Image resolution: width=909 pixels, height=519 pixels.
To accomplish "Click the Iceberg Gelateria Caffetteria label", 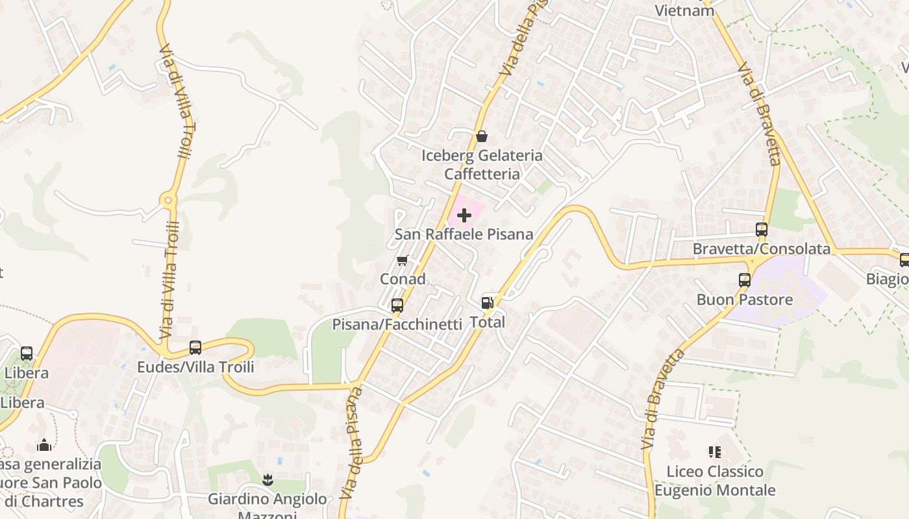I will click(482, 165).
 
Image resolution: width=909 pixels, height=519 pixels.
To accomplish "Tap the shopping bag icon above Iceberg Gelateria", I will click(482, 136).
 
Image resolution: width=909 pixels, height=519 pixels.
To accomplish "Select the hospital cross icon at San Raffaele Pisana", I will click(464, 215).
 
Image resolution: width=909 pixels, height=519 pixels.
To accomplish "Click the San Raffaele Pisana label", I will click(464, 234).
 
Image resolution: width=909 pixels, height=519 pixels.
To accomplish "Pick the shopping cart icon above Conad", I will click(402, 261).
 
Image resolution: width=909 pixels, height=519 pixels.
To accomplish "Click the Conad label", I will click(403, 279).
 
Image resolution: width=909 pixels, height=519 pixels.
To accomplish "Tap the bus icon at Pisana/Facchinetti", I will click(397, 305).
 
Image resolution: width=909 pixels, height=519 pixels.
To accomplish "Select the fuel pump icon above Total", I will click(487, 302).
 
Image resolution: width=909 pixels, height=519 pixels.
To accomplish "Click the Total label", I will click(487, 322).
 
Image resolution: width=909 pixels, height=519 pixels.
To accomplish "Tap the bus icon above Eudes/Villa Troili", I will click(195, 347).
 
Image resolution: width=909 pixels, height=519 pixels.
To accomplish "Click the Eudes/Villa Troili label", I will click(195, 367).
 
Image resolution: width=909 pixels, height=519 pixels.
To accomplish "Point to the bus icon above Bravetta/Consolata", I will click(761, 229).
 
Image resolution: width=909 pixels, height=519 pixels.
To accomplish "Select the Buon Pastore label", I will click(745, 300).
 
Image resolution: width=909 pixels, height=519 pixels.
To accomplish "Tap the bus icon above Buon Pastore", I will click(745, 280).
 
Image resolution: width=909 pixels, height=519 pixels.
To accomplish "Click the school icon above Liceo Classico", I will click(714, 452).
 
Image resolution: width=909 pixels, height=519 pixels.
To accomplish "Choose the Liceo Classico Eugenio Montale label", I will click(714, 481).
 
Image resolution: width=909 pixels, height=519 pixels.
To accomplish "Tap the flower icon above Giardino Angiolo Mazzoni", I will click(267, 480).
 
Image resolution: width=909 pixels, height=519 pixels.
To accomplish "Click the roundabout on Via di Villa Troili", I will click(169, 201).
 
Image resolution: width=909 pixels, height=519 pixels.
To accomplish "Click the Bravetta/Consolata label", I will click(761, 248).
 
